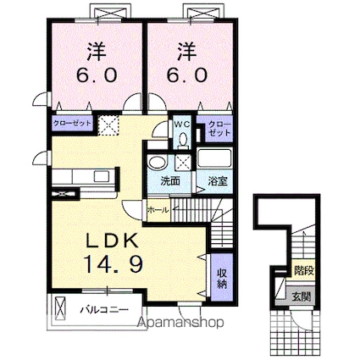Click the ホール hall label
[x=158, y=208]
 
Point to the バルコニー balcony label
[x=104, y=310]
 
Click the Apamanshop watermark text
[x=179, y=323]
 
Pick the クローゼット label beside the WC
[x=219, y=130]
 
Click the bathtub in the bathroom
[x=215, y=158]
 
